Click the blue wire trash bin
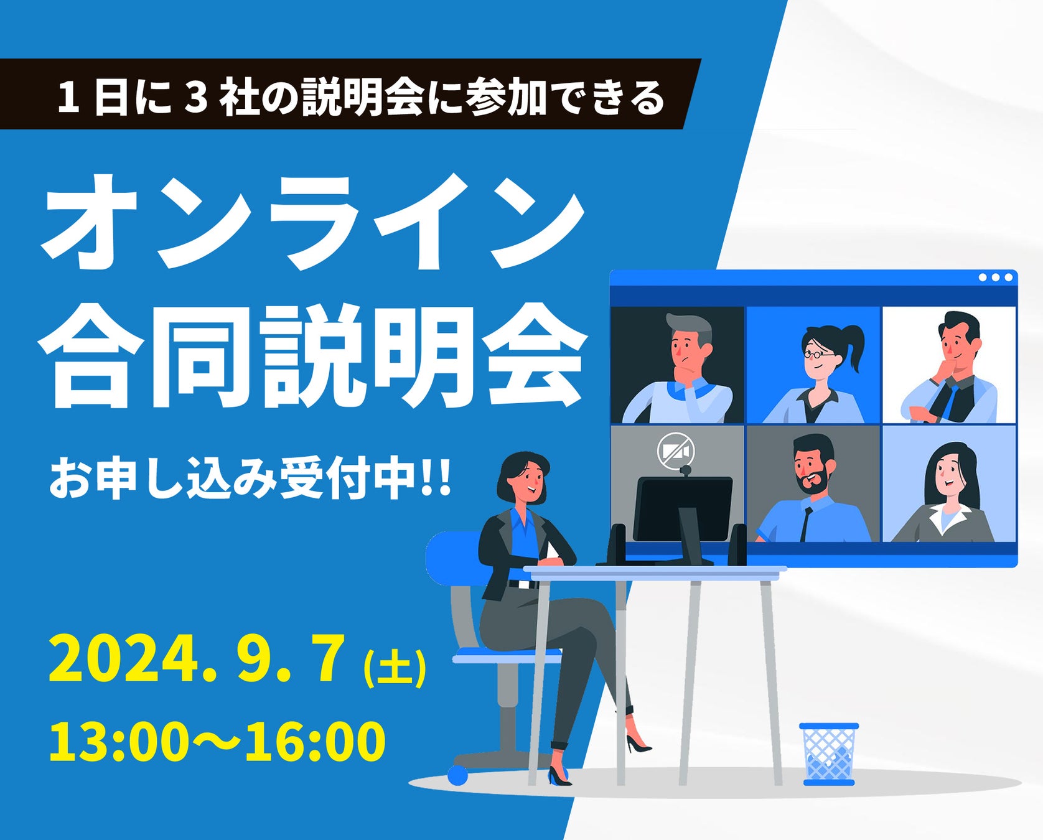click(828, 753)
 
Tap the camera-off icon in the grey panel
click(676, 450)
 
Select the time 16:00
click(316, 741)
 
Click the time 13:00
click(119, 741)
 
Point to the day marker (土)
click(395, 668)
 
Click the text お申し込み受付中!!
click(250, 478)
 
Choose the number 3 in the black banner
click(195, 98)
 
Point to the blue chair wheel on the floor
click(457, 775)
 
